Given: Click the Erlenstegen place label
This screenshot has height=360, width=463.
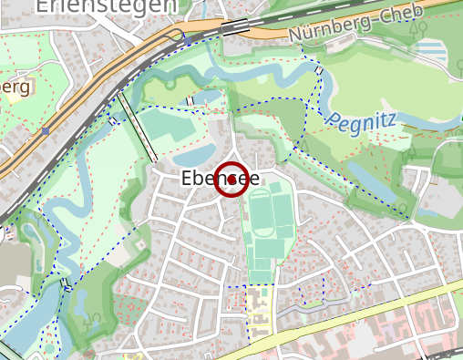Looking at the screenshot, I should (x=107, y=6).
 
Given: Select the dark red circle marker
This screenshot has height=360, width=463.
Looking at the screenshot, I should (x=232, y=179).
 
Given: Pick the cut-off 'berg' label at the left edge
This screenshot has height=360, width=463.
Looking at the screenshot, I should (x=15, y=87).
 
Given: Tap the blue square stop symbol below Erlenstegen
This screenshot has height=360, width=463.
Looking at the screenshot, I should (x=189, y=40).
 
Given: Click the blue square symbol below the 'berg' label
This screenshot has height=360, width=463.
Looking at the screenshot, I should (x=45, y=130).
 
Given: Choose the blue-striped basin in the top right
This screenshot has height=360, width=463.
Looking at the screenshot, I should (x=437, y=48).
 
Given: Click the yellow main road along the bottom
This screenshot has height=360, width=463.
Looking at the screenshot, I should (x=365, y=314).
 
